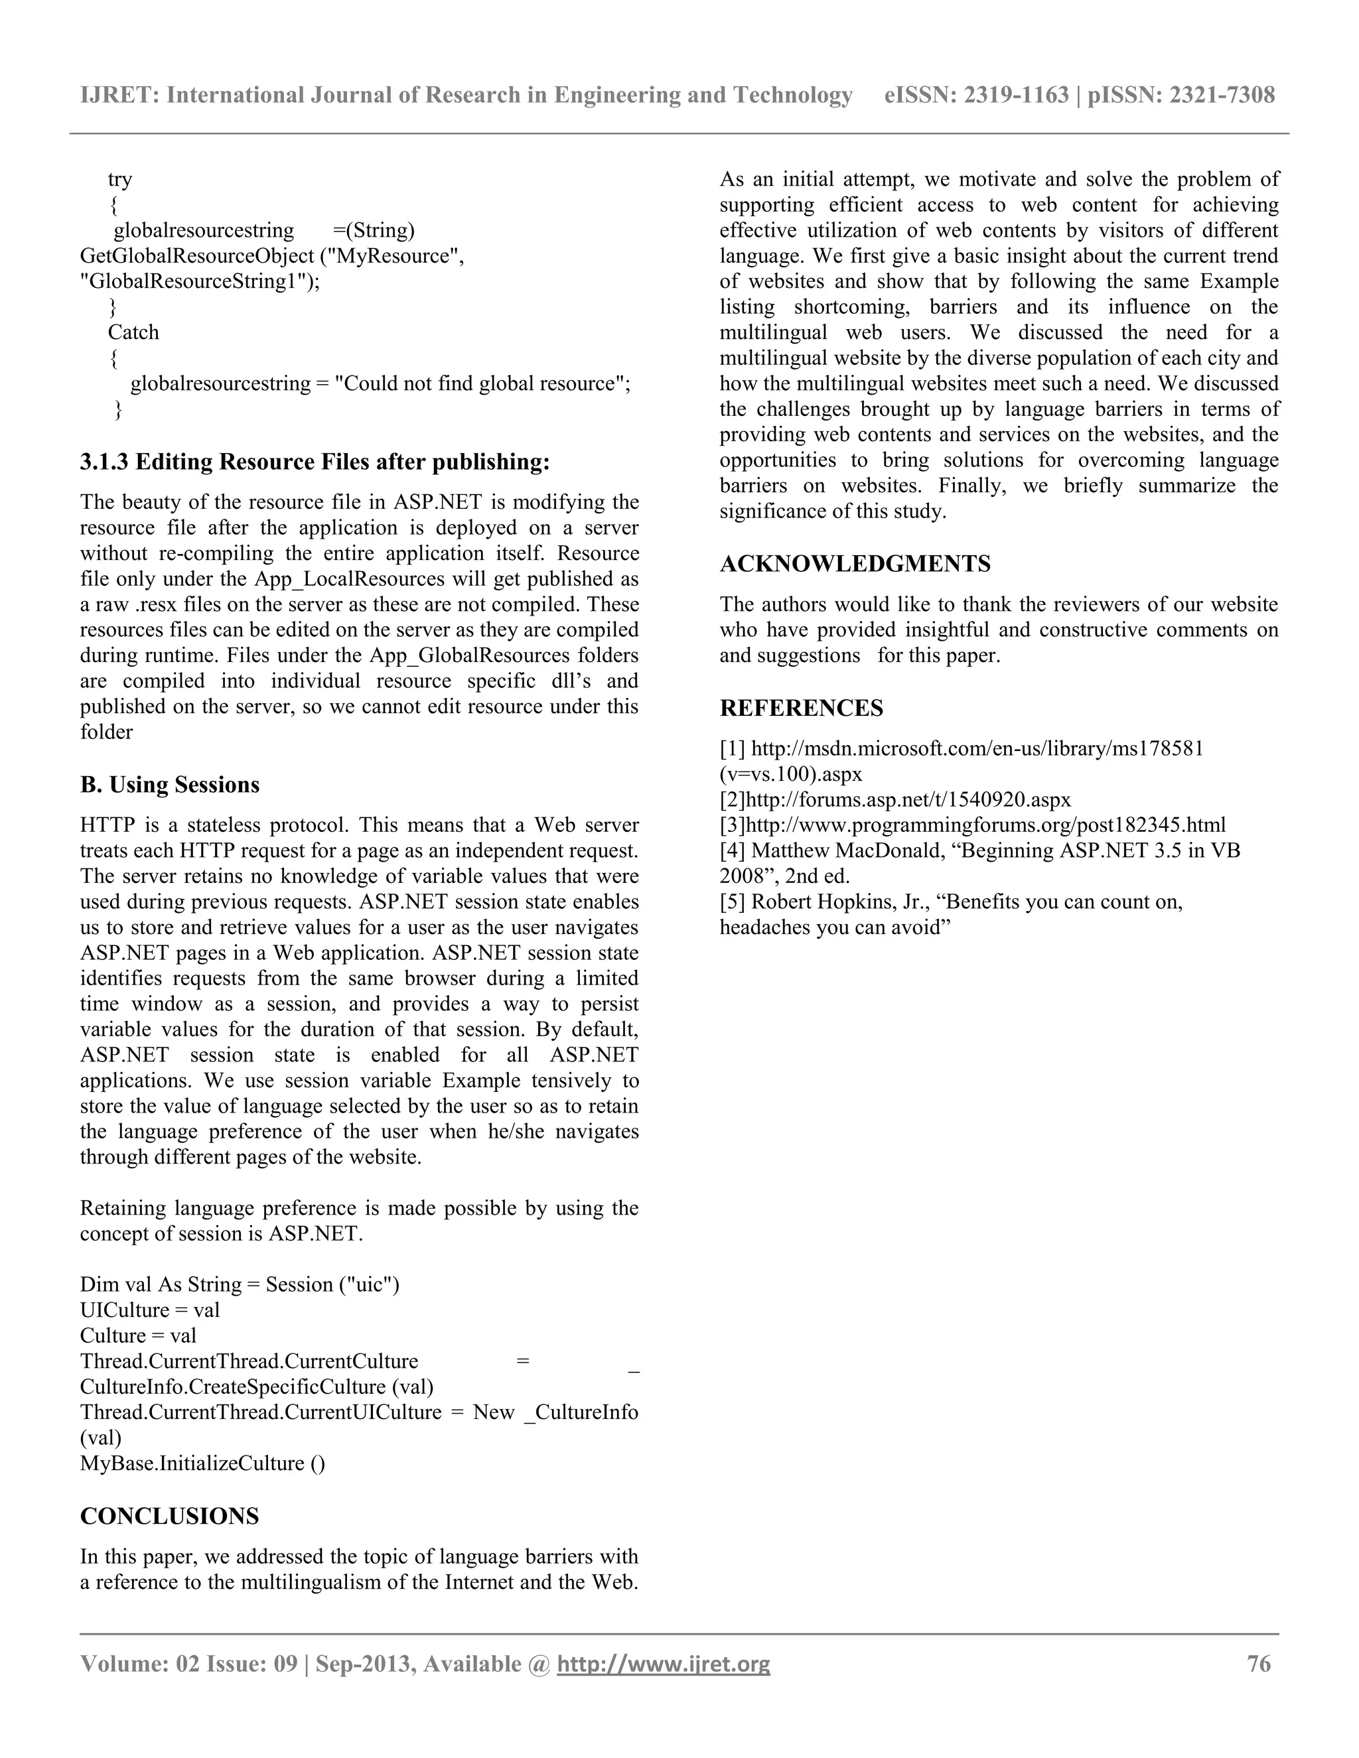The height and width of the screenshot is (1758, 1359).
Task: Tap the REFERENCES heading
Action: pos(801,709)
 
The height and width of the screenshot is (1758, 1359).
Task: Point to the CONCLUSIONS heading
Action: pos(169,1517)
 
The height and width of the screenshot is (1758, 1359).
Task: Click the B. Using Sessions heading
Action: pos(170,785)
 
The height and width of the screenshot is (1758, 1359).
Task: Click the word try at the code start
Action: pos(120,178)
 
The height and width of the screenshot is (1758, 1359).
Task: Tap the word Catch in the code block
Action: pos(133,332)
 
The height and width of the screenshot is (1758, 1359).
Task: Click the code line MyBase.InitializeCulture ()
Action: pos(203,1463)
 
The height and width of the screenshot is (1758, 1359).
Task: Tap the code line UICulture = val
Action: pos(150,1310)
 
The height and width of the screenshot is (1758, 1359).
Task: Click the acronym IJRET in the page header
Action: pos(119,95)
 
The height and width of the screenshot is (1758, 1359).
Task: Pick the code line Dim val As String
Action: pos(239,1285)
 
